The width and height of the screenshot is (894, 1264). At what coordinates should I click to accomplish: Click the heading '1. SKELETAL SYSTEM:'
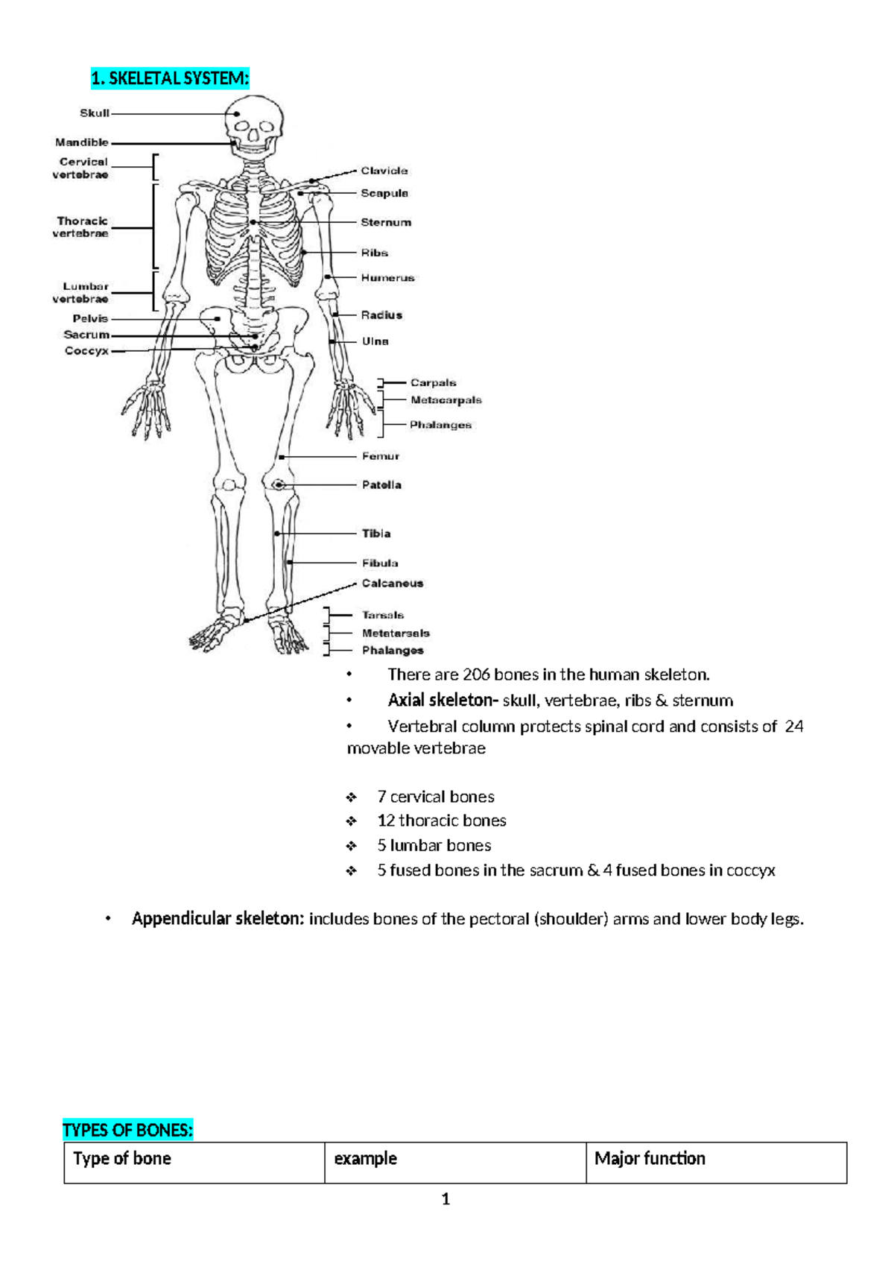[x=170, y=78]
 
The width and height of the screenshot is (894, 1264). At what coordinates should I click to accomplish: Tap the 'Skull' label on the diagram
[x=95, y=113]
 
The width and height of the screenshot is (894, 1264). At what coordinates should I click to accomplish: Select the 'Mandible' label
[x=82, y=142]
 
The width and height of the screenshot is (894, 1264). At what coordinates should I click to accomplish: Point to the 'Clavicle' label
[x=384, y=171]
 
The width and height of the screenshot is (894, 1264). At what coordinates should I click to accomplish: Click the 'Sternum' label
[x=386, y=222]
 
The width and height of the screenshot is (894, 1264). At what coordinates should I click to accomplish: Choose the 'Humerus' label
[x=387, y=278]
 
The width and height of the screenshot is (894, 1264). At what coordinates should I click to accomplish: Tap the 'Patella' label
[x=381, y=485]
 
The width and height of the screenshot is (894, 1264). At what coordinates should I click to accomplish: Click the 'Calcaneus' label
[x=393, y=584]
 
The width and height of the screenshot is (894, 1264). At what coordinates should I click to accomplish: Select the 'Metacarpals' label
[x=446, y=400]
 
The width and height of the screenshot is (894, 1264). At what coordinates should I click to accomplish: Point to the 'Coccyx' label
[x=86, y=351]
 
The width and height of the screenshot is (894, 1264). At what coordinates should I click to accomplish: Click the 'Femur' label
[x=381, y=456]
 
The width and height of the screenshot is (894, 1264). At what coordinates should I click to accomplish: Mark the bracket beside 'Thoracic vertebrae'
[x=154, y=226]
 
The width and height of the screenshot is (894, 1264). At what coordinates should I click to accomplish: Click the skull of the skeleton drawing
[x=256, y=123]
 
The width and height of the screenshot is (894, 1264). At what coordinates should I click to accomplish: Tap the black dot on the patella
[x=279, y=485]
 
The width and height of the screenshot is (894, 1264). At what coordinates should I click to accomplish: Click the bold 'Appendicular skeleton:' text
[x=218, y=919]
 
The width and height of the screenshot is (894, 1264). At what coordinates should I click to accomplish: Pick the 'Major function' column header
[x=650, y=1159]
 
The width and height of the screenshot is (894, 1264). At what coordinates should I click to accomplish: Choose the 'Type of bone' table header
[x=122, y=1159]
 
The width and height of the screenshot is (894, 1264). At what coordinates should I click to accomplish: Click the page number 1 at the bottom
[x=446, y=1199]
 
